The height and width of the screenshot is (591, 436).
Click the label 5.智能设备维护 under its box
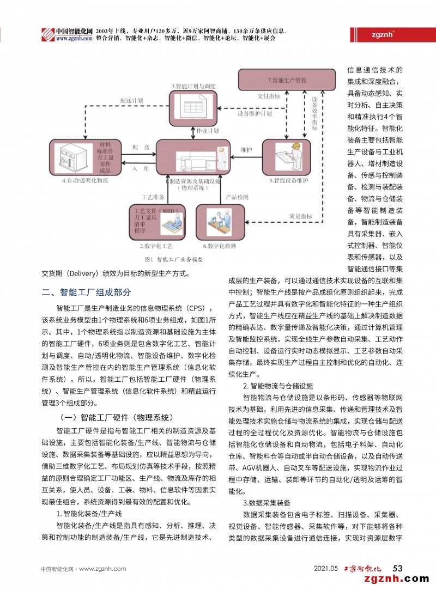[x=289, y=180]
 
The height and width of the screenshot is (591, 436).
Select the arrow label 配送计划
[x=131, y=101]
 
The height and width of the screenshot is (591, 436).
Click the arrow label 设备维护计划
[x=255, y=114]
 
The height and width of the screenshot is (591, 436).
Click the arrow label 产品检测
[x=237, y=197]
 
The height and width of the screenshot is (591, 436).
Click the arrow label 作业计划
[x=208, y=131]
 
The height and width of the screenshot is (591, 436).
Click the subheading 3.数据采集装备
[x=267, y=502]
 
